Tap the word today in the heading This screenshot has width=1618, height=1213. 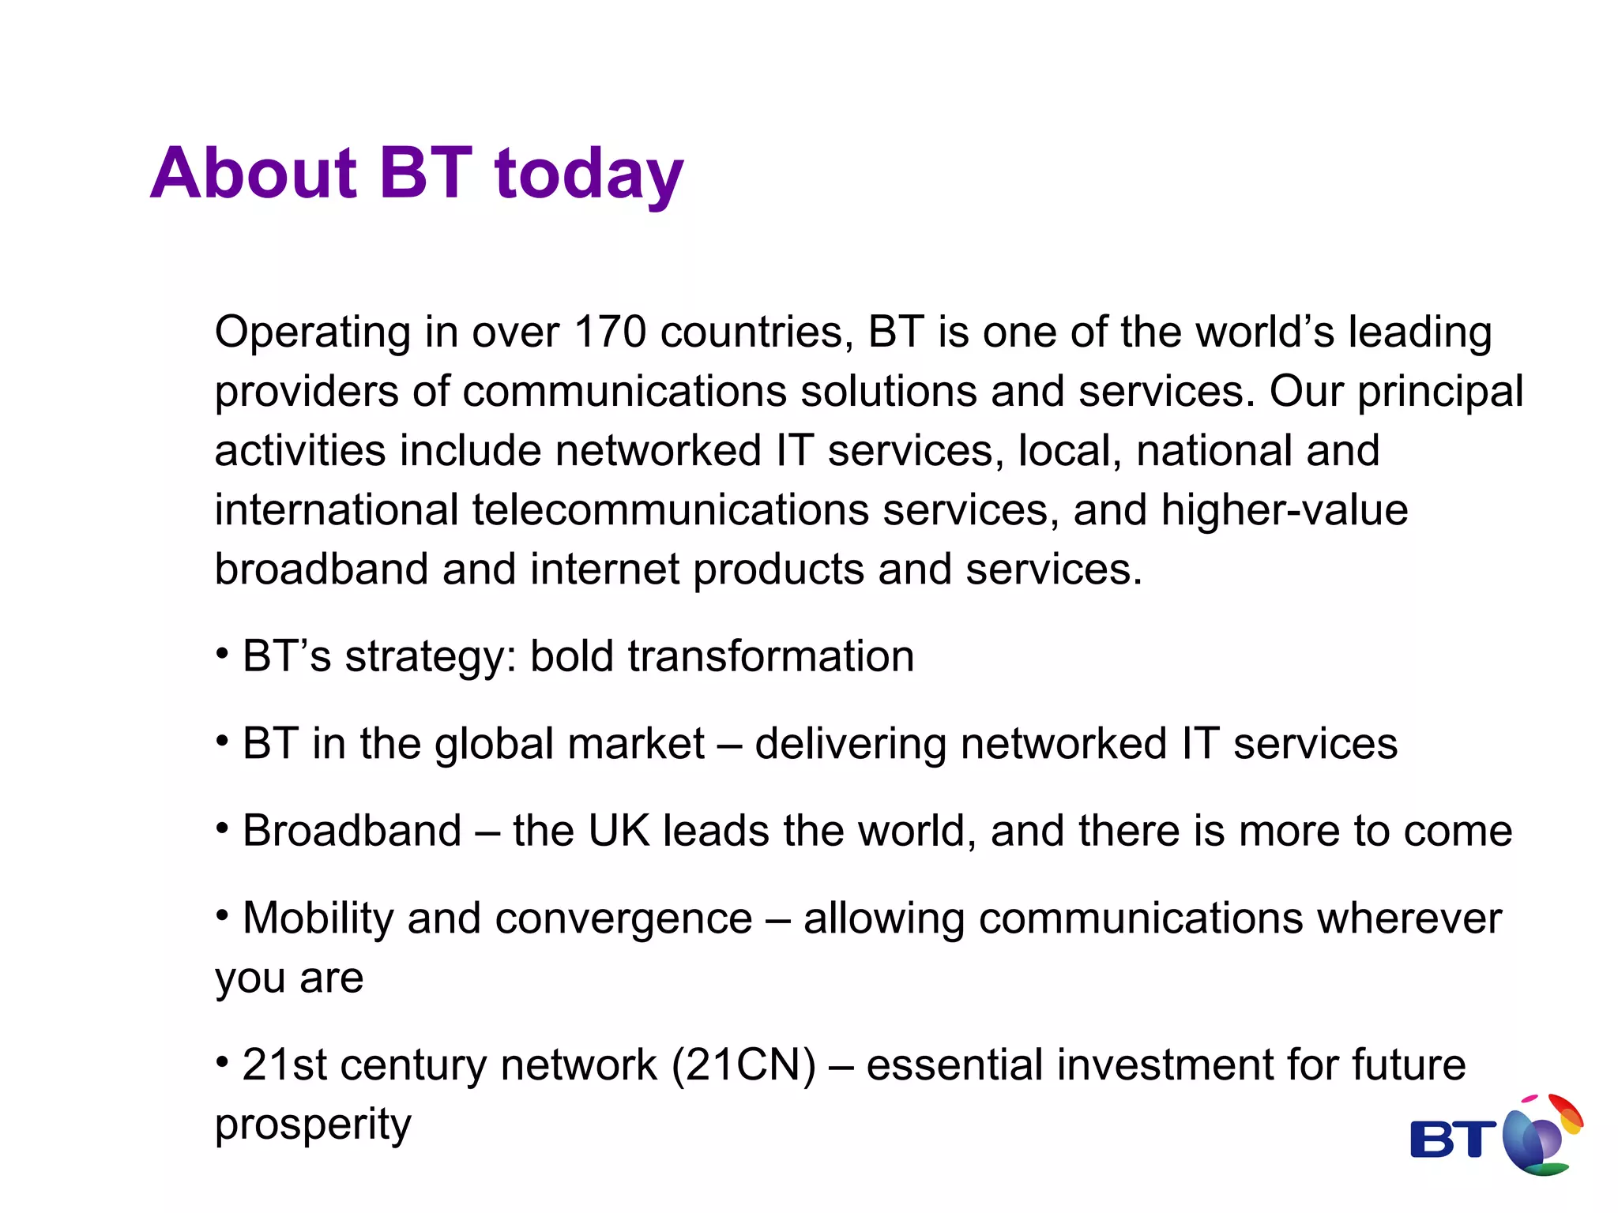589,175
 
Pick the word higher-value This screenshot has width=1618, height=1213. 1284,511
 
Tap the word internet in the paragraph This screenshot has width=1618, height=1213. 604,569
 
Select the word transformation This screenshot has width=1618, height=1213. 770,656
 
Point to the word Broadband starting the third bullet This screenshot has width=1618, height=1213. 352,831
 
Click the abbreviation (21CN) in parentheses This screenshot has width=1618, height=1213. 743,1065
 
